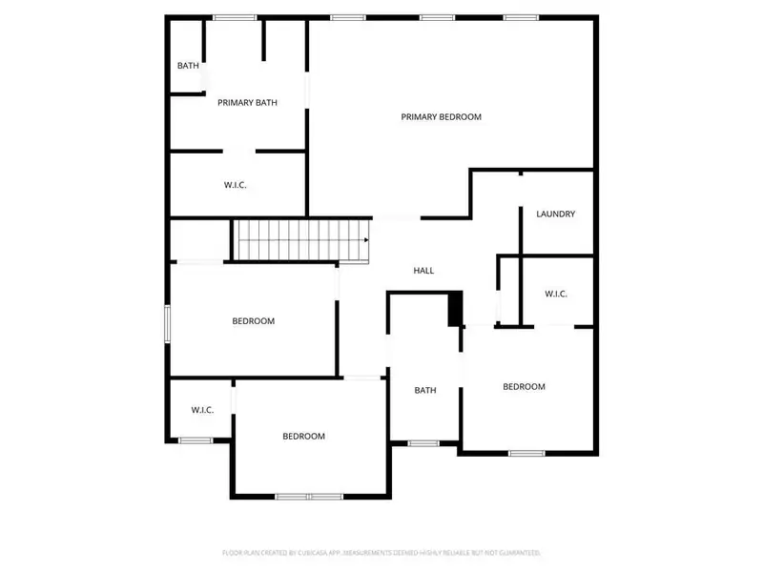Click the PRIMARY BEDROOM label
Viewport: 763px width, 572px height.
click(x=441, y=117)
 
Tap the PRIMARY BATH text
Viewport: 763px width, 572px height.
click(x=247, y=102)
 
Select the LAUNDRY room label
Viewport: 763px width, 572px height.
click(x=555, y=214)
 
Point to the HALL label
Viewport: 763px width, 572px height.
click(x=423, y=271)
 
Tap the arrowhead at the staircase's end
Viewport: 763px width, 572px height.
click(x=366, y=240)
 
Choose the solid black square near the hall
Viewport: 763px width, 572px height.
click(x=455, y=308)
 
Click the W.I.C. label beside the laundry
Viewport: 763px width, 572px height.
click(x=556, y=294)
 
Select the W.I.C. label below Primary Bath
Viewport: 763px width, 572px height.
click(x=236, y=185)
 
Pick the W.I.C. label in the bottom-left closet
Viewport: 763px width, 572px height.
click(x=202, y=410)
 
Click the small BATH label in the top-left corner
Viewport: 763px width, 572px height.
click(x=187, y=66)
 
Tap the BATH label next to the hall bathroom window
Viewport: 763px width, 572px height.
click(x=424, y=390)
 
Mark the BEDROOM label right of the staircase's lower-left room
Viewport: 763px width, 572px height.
click(x=253, y=321)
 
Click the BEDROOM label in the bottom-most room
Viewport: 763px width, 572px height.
click(x=303, y=436)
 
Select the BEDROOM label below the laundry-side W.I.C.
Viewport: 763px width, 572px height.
click(x=524, y=386)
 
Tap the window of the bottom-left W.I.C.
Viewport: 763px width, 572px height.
click(x=196, y=439)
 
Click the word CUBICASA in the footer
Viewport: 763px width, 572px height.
click(x=308, y=553)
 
